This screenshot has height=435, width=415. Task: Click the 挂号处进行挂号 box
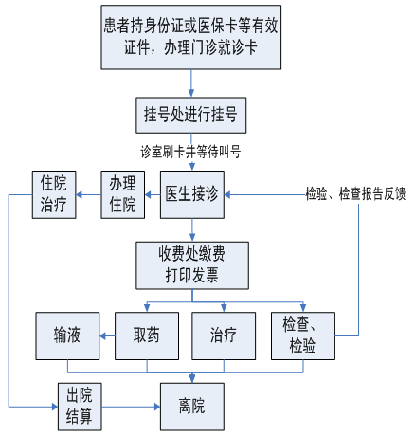[191, 115]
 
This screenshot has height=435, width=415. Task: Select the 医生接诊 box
[192, 194]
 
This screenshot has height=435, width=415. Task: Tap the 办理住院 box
[123, 194]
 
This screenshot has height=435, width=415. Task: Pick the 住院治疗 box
[54, 194]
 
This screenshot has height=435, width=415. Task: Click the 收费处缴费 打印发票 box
[192, 265]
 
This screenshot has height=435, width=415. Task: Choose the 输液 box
[67, 335]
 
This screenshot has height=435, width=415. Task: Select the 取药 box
[147, 335]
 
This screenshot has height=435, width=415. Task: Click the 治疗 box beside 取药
[224, 335]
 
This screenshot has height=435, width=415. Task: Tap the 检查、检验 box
[303, 335]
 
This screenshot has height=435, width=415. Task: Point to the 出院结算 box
[80, 407]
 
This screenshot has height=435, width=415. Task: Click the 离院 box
[192, 407]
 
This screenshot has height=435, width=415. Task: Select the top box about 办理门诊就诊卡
[191, 37]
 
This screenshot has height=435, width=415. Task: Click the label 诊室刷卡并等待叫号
[190, 152]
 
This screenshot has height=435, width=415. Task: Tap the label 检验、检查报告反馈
[355, 193]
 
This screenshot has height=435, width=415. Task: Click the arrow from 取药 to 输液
[107, 335]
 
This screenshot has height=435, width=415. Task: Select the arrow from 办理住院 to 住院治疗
[89, 194]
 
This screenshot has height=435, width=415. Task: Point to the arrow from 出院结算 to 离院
[131, 407]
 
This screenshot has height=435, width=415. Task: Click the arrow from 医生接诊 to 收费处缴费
[192, 230]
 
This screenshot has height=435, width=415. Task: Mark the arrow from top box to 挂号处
[191, 83]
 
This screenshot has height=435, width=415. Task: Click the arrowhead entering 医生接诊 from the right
[227, 194]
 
